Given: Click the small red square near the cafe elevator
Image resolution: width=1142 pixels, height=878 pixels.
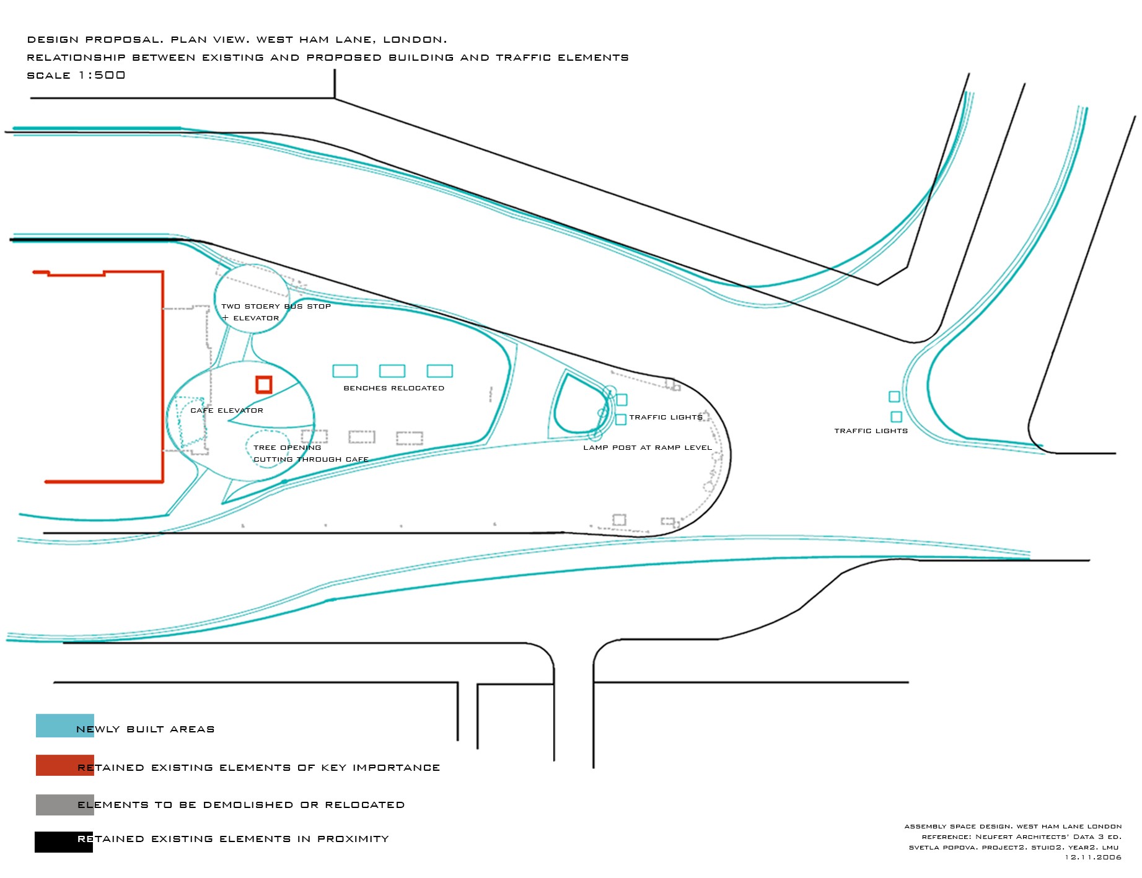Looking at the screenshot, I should [264, 385].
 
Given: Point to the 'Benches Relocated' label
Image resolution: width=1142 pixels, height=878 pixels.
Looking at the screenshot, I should [394, 389].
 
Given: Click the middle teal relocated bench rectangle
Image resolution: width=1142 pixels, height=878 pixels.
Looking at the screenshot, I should [392, 371].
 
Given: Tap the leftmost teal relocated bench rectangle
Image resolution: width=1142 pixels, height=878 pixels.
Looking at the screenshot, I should [345, 371].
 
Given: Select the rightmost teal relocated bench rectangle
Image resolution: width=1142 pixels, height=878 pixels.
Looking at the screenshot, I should [440, 371].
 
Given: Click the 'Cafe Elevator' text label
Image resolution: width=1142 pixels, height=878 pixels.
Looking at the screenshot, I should [227, 411].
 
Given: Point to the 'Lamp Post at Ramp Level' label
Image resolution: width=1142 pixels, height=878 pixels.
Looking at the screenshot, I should [648, 447].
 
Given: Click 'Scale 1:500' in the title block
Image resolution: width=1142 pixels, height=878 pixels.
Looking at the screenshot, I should [76, 76].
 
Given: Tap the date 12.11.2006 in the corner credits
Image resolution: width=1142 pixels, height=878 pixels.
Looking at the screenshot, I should [1093, 858].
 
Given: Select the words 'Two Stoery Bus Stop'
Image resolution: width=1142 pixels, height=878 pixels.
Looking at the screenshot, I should [276, 306].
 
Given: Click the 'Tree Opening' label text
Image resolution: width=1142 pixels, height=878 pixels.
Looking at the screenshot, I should [288, 447].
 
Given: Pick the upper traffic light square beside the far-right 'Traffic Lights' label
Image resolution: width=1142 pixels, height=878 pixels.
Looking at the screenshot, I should [894, 397].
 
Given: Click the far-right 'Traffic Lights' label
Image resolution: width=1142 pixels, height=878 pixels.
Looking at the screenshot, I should [871, 431].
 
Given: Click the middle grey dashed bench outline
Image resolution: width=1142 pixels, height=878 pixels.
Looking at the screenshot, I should [362, 437].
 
